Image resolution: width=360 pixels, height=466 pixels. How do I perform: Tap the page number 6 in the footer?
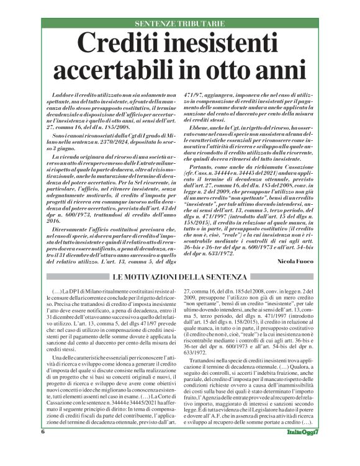(x=43, y=449)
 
